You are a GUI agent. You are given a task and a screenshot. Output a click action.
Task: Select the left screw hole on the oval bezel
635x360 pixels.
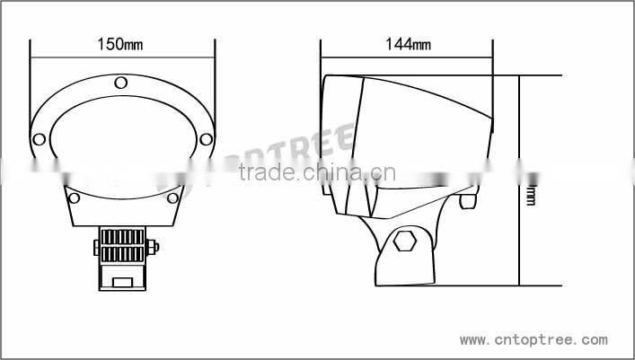(40, 139)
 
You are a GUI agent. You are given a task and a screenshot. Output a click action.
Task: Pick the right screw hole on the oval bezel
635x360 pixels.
(206, 139)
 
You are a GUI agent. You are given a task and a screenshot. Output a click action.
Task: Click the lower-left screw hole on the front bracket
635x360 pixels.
(75, 198)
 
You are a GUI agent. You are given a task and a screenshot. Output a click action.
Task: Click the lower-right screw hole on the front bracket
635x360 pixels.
(172, 198)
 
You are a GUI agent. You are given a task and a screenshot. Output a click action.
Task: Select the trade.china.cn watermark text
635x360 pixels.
(313, 173)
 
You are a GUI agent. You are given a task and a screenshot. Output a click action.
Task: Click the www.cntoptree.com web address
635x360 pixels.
(534, 341)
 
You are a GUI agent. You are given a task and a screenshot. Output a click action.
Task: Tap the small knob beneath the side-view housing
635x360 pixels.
(467, 202)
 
